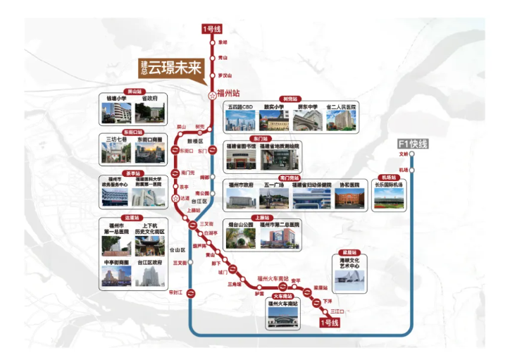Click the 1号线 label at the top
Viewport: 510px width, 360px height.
coord(212,29)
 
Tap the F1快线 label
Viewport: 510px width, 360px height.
coord(413,144)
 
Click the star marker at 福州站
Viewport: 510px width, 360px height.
coord(212,94)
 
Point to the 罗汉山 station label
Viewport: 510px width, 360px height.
coord(225,75)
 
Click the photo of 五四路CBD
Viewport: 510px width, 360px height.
coord(240,121)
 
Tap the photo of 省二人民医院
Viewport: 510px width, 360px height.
coord(340,121)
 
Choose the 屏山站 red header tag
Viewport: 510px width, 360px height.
coord(133,91)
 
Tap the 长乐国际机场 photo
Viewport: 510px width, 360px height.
coord(389,199)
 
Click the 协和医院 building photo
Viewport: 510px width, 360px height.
coord(347,199)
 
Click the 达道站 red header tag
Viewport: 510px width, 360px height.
coord(132,218)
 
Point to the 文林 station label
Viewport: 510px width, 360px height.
coord(404,153)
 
